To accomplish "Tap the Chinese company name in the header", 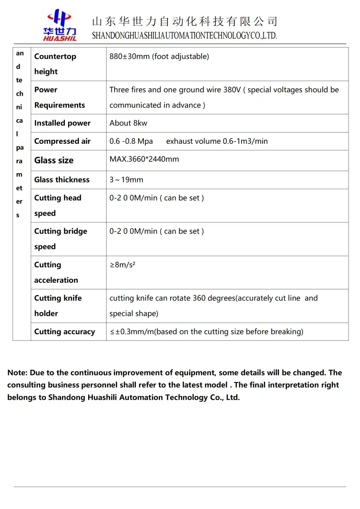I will (x=184, y=21).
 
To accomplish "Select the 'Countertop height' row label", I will (x=55, y=64).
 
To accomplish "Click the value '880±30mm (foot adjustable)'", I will (x=159, y=57).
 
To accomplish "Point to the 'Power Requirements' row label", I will (x=59, y=97).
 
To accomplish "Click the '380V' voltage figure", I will (x=232, y=90).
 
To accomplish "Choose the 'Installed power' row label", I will (x=62, y=123).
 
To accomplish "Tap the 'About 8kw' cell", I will (x=128, y=123).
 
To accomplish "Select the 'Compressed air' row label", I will (x=62, y=141).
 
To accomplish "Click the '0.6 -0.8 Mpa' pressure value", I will (x=131, y=141).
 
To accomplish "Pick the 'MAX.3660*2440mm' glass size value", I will (x=144, y=159).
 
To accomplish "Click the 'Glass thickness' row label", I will (x=62, y=180).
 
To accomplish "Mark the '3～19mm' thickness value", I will (x=126, y=180).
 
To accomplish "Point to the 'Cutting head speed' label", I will (x=58, y=205).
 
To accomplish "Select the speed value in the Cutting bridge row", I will (x=157, y=231).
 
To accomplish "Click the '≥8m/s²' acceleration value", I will (x=122, y=265).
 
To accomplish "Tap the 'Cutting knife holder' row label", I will (x=58, y=305).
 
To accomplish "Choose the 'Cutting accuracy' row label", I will (x=64, y=332).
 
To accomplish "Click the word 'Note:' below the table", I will (x=17, y=373).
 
